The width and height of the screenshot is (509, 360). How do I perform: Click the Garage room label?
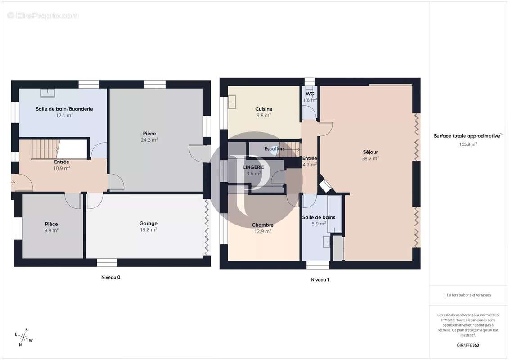tap(148, 224)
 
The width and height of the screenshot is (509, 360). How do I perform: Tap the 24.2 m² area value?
tap(149, 140)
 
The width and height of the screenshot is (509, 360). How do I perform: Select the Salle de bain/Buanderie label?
tap(64, 109)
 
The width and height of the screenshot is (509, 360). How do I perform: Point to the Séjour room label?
tap(370, 152)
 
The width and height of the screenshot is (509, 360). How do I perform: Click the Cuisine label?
tap(264, 109)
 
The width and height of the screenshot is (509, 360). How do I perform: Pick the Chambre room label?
tap(262, 225)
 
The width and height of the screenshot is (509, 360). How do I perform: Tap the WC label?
tap(310, 94)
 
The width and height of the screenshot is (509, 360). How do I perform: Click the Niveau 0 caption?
tap(111, 277)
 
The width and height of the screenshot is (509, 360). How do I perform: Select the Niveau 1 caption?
tap(320, 280)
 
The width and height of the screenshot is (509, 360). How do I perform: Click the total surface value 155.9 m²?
tap(468, 144)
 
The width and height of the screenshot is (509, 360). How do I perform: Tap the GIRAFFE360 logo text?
tap(468, 345)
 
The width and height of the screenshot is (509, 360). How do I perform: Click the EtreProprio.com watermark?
tap(43, 16)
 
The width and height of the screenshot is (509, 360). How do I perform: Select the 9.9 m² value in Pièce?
tap(51, 230)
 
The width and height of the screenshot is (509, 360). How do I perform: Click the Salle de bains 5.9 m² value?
tap(319, 223)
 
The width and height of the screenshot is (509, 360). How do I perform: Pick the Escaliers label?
tap(275, 148)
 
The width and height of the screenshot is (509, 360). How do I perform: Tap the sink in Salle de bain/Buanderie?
tap(47, 93)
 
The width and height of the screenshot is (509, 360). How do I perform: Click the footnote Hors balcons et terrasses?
tap(468, 295)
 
